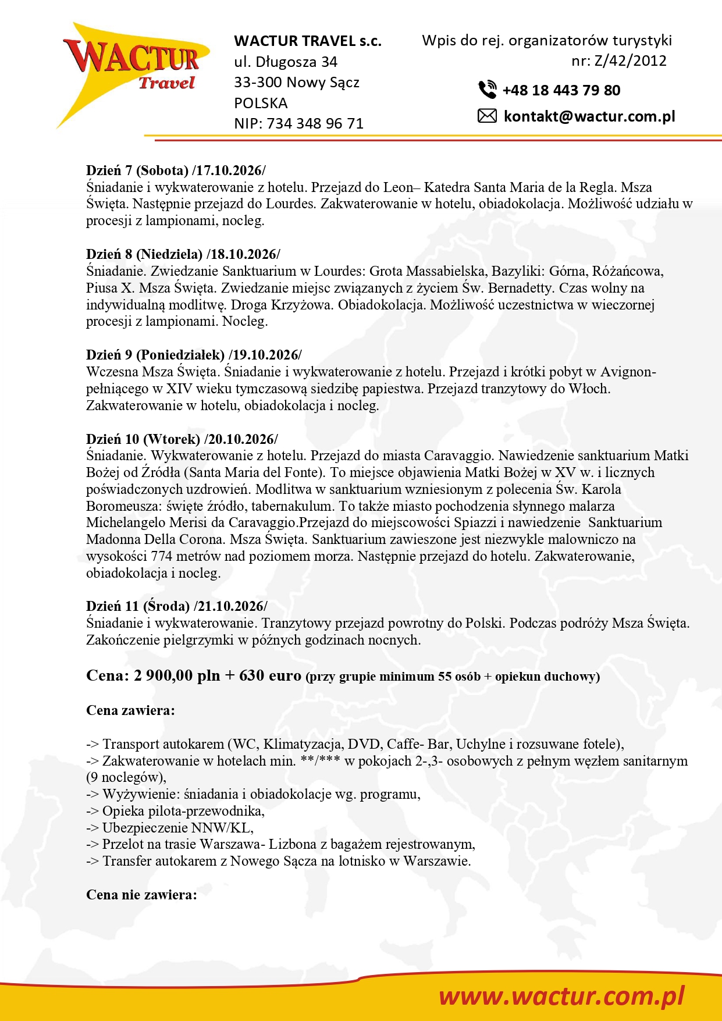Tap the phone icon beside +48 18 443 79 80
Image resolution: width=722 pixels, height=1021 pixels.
tap(487, 90)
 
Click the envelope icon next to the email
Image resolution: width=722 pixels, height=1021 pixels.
tap(487, 116)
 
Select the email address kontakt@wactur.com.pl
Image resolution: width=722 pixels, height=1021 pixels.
tap(589, 116)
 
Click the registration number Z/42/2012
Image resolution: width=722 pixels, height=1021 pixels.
tap(630, 61)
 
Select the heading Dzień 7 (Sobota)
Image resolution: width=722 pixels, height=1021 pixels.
tap(137, 170)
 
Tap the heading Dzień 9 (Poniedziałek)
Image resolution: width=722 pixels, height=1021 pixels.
tap(155, 355)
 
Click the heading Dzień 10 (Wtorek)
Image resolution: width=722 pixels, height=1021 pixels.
tap(143, 439)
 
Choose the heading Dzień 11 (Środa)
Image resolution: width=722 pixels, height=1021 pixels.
tap(137, 606)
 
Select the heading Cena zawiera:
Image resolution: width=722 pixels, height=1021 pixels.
tap(130, 710)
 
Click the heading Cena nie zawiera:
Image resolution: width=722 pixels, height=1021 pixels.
tap(141, 895)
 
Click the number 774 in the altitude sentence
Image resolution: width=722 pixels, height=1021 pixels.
tap(161, 556)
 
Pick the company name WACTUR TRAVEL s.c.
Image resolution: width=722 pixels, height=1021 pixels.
tap(308, 41)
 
